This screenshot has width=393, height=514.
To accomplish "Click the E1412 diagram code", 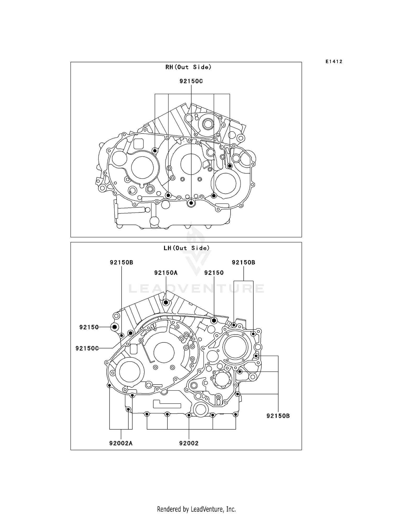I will [x=334, y=62].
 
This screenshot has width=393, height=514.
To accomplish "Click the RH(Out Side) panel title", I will [x=188, y=67].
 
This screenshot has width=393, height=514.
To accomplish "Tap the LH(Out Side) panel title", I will [x=186, y=248].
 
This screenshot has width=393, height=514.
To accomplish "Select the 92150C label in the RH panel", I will [x=191, y=81].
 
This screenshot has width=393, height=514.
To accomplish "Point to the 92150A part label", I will [x=166, y=273].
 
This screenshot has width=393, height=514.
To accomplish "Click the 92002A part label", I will [x=121, y=443].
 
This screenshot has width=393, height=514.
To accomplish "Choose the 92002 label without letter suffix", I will [x=189, y=443].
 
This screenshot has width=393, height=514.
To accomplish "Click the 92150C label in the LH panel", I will [x=87, y=348].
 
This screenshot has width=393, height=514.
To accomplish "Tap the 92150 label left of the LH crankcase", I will [x=89, y=327].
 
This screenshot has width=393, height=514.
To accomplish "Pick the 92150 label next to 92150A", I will [x=214, y=273].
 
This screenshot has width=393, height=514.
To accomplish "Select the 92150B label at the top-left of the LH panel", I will [x=121, y=262].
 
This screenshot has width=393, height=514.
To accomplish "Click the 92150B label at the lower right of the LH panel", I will [x=278, y=416].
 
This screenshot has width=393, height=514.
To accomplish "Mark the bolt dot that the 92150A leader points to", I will [x=166, y=303].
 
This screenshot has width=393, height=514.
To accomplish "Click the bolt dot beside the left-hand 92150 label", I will [x=114, y=327].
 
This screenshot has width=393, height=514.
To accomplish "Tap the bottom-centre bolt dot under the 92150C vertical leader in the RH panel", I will [x=191, y=203].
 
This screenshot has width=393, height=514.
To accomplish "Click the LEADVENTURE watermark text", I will [x=196, y=289].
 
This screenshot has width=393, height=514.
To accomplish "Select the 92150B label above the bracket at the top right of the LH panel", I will [x=243, y=262].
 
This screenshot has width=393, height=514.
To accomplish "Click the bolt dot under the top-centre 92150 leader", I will [x=214, y=320].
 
